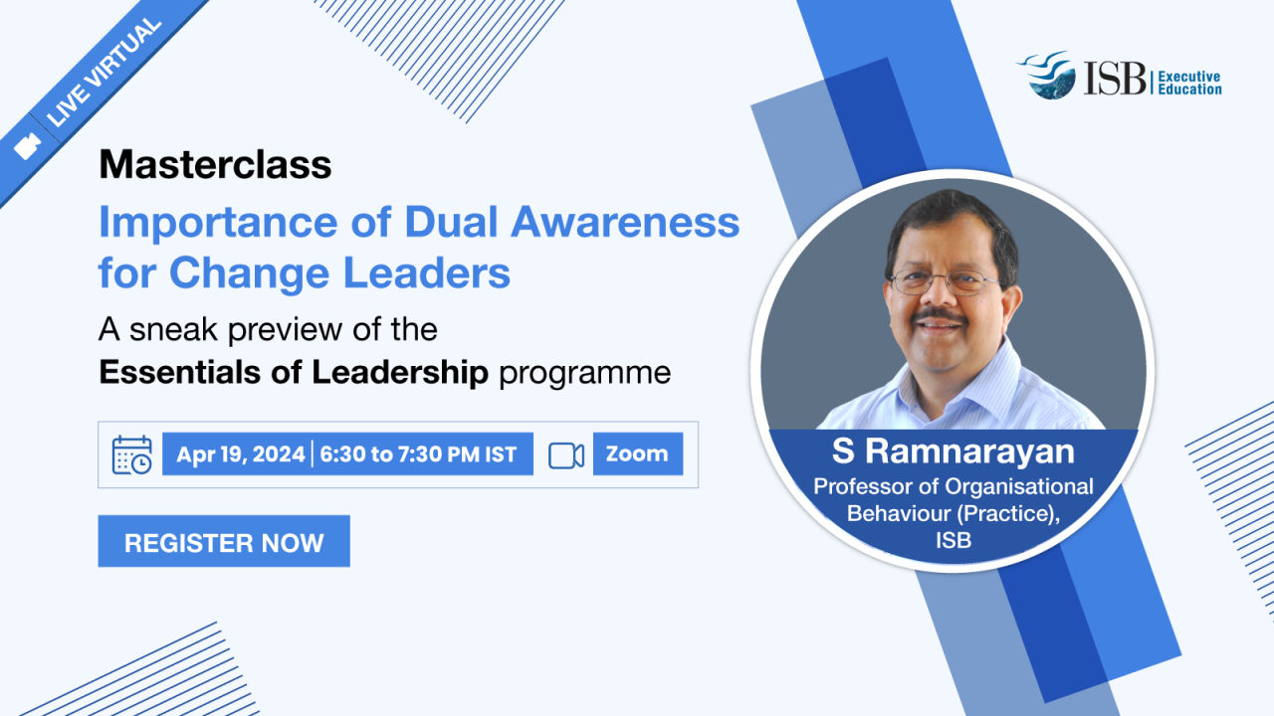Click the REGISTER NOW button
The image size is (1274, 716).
click(x=224, y=541)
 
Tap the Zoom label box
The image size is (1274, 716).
click(x=638, y=453)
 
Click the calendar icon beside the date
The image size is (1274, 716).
click(x=132, y=454)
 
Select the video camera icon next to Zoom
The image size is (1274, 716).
click(x=566, y=455)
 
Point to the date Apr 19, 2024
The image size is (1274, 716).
click(x=241, y=454)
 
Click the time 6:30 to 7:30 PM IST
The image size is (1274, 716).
click(x=418, y=454)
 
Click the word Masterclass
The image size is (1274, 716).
click(x=215, y=164)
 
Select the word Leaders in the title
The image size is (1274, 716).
click(x=427, y=272)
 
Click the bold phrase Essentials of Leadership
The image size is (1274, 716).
click(x=294, y=372)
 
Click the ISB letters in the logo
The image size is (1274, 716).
click(x=1114, y=78)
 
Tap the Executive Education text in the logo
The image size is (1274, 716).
click(x=1189, y=83)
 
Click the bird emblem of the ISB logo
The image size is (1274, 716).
click(x=1048, y=75)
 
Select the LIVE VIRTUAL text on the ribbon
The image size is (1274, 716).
click(x=104, y=73)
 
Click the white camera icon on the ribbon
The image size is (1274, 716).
click(x=27, y=146)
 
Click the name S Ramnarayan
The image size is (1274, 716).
click(x=954, y=451)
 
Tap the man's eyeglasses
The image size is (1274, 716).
click(x=945, y=282)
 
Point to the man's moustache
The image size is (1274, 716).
click(x=939, y=315)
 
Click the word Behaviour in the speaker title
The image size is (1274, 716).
click(x=898, y=513)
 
